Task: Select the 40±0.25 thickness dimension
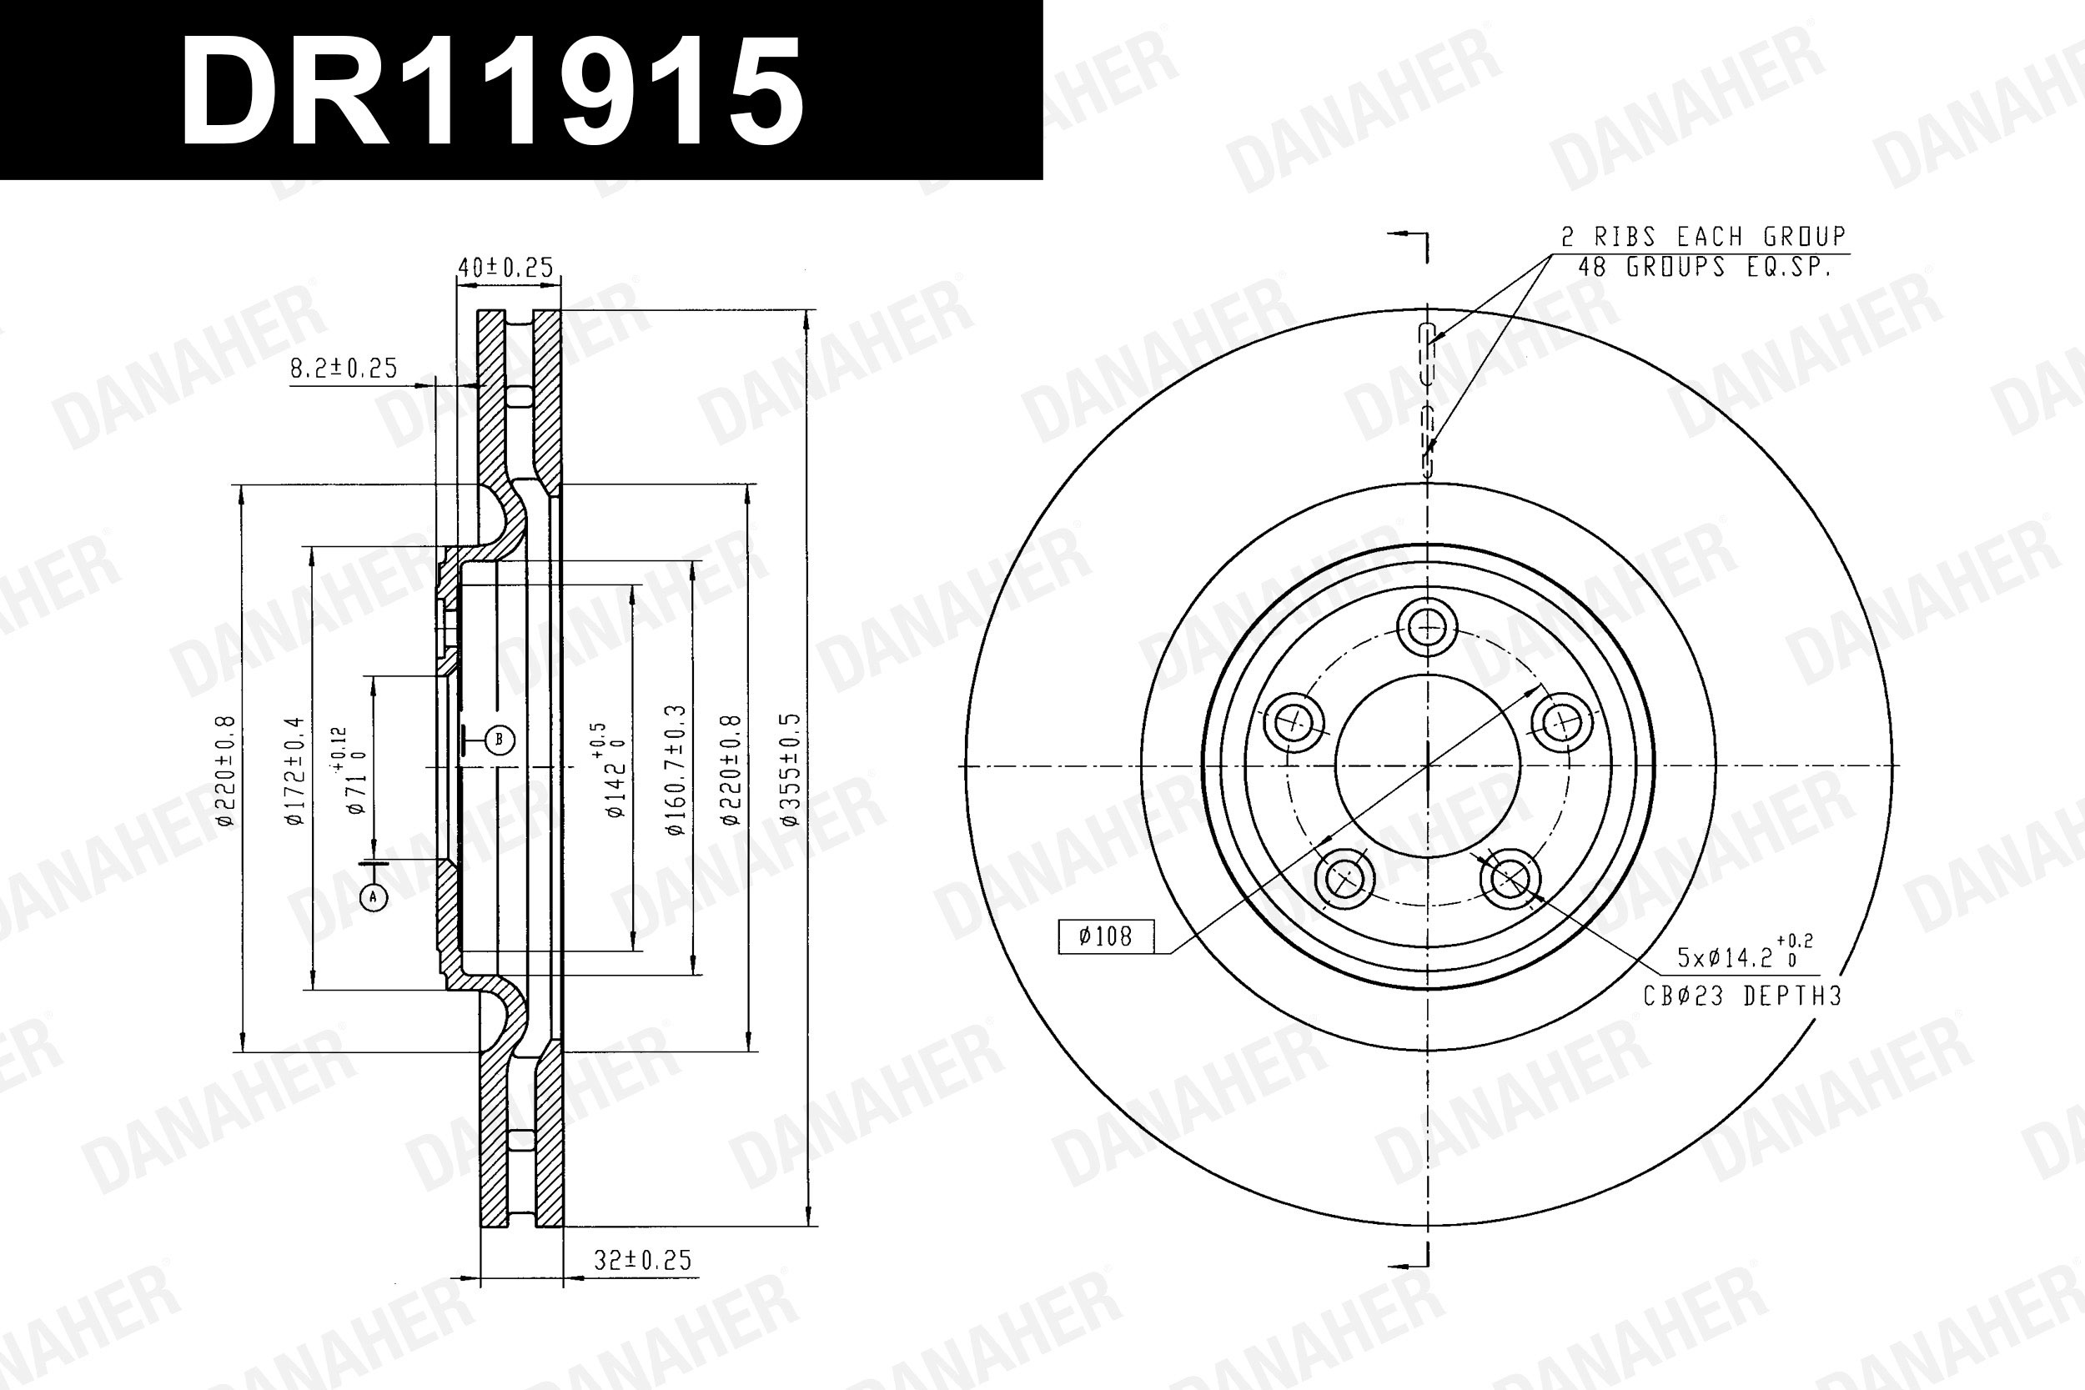(505, 267)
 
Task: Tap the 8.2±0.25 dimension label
(344, 368)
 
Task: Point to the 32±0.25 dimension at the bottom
(643, 1260)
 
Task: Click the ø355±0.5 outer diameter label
(791, 769)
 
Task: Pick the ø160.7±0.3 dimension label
(676, 770)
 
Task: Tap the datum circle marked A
(373, 897)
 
